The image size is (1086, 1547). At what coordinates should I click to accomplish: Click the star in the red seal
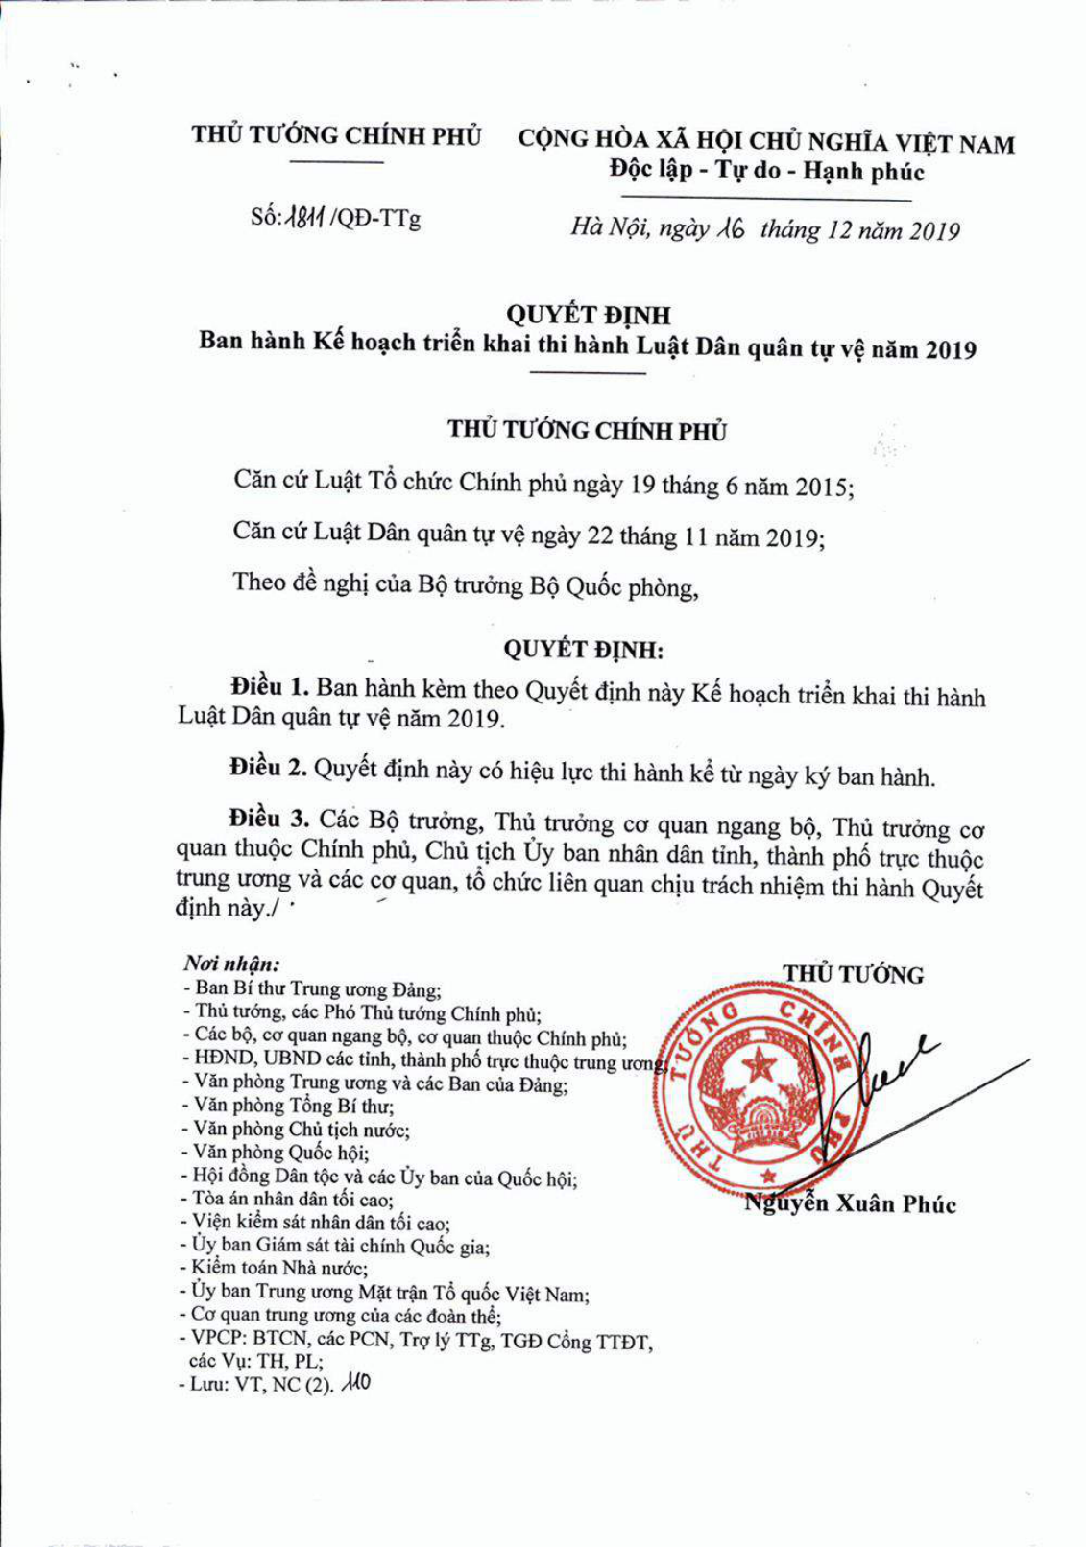tap(761, 1062)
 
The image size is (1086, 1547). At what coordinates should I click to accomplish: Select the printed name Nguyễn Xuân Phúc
tap(852, 1203)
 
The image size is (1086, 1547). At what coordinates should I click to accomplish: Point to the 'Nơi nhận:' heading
tap(231, 963)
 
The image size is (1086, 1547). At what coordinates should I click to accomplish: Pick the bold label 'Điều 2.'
tap(268, 767)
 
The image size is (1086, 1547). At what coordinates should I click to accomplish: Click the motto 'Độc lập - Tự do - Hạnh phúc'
tap(766, 172)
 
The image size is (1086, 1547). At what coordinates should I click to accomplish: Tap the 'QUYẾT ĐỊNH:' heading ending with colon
tap(584, 649)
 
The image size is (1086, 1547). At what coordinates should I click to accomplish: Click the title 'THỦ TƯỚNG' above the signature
tap(853, 975)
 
